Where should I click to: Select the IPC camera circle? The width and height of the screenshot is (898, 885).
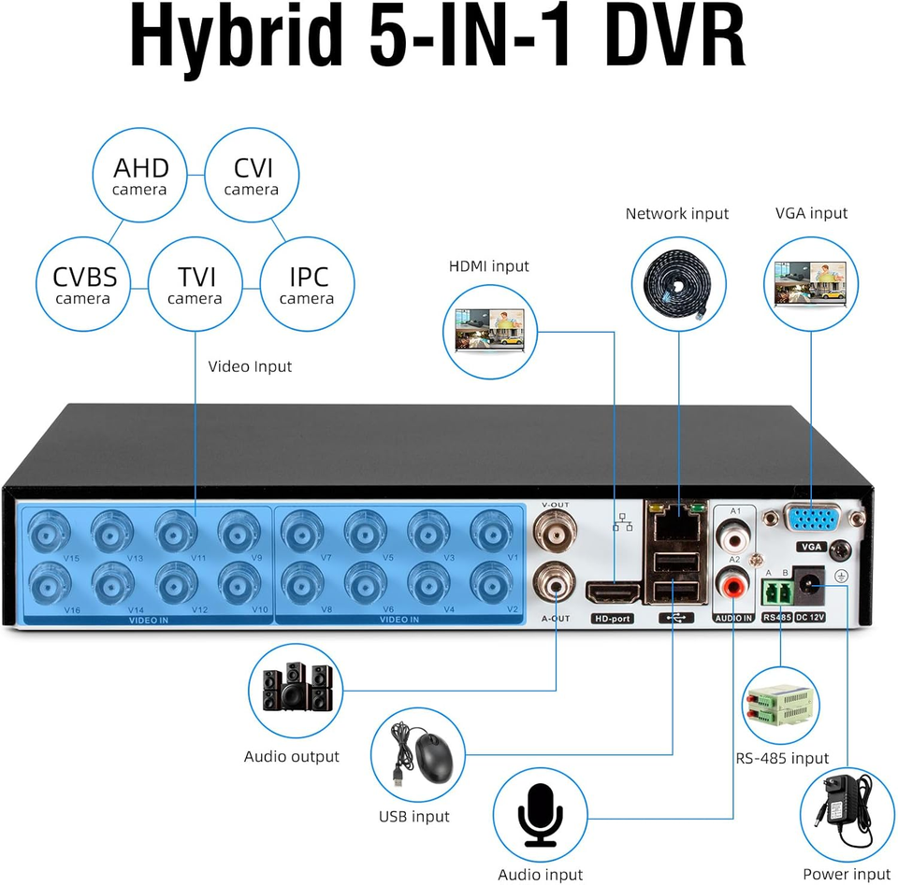click(307, 285)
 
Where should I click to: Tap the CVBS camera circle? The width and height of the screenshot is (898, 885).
click(83, 285)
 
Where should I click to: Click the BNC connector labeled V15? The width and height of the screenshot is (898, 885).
click(44, 533)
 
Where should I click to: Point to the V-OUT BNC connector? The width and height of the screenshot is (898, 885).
click(555, 535)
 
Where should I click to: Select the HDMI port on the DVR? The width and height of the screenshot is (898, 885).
click(613, 592)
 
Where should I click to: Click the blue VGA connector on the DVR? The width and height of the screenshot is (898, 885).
click(811, 521)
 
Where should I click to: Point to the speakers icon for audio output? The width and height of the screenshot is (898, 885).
click(296, 690)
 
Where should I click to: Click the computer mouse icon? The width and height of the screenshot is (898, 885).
click(420, 752)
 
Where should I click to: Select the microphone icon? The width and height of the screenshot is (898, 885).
click(540, 814)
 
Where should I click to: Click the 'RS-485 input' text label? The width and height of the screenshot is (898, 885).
click(782, 758)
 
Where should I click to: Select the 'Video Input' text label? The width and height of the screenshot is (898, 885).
click(250, 366)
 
